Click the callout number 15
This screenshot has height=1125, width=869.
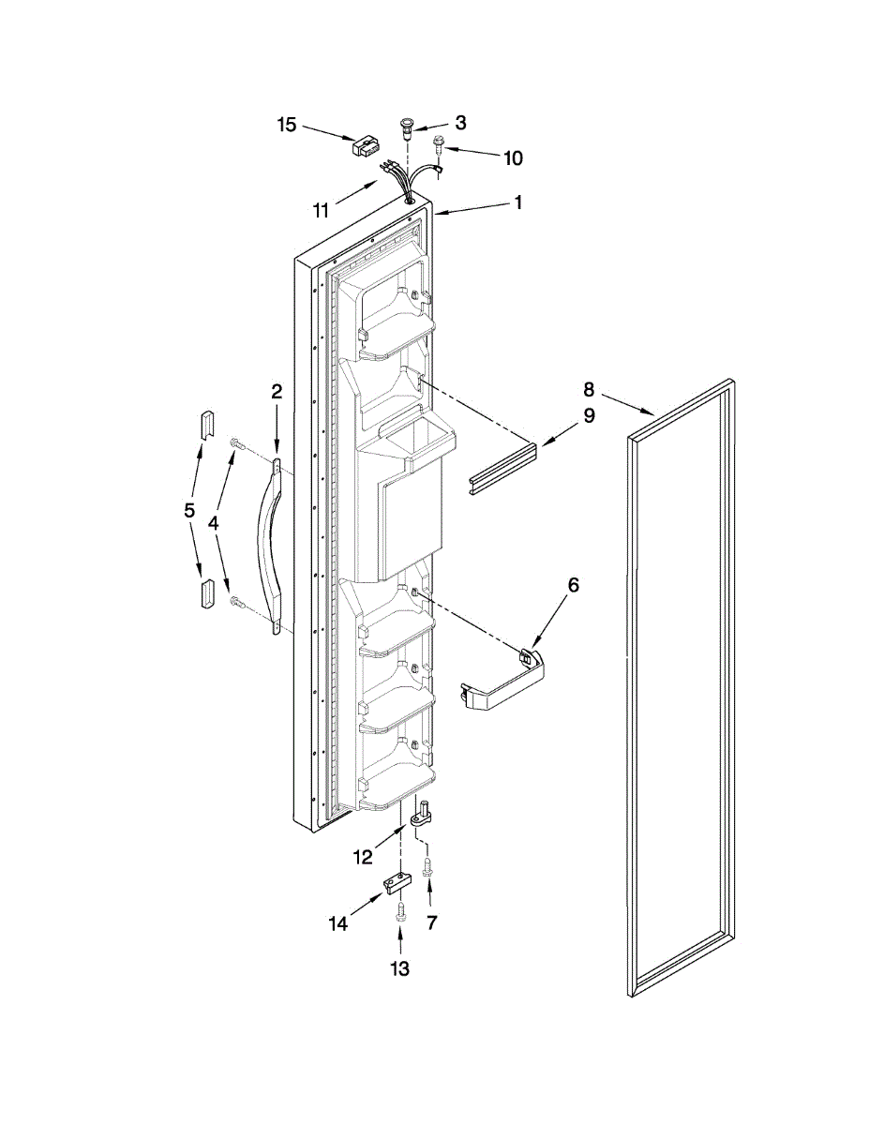point(286,125)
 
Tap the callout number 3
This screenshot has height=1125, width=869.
point(460,122)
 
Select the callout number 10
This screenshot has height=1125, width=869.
point(513,157)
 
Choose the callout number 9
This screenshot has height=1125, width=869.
point(589,416)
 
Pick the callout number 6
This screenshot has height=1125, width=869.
point(573,585)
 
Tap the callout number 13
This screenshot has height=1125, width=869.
point(400,969)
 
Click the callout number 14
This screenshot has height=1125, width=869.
point(337,924)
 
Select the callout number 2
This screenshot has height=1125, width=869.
point(277,392)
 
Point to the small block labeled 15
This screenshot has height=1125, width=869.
point(364,146)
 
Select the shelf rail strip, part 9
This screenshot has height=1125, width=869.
point(502,469)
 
